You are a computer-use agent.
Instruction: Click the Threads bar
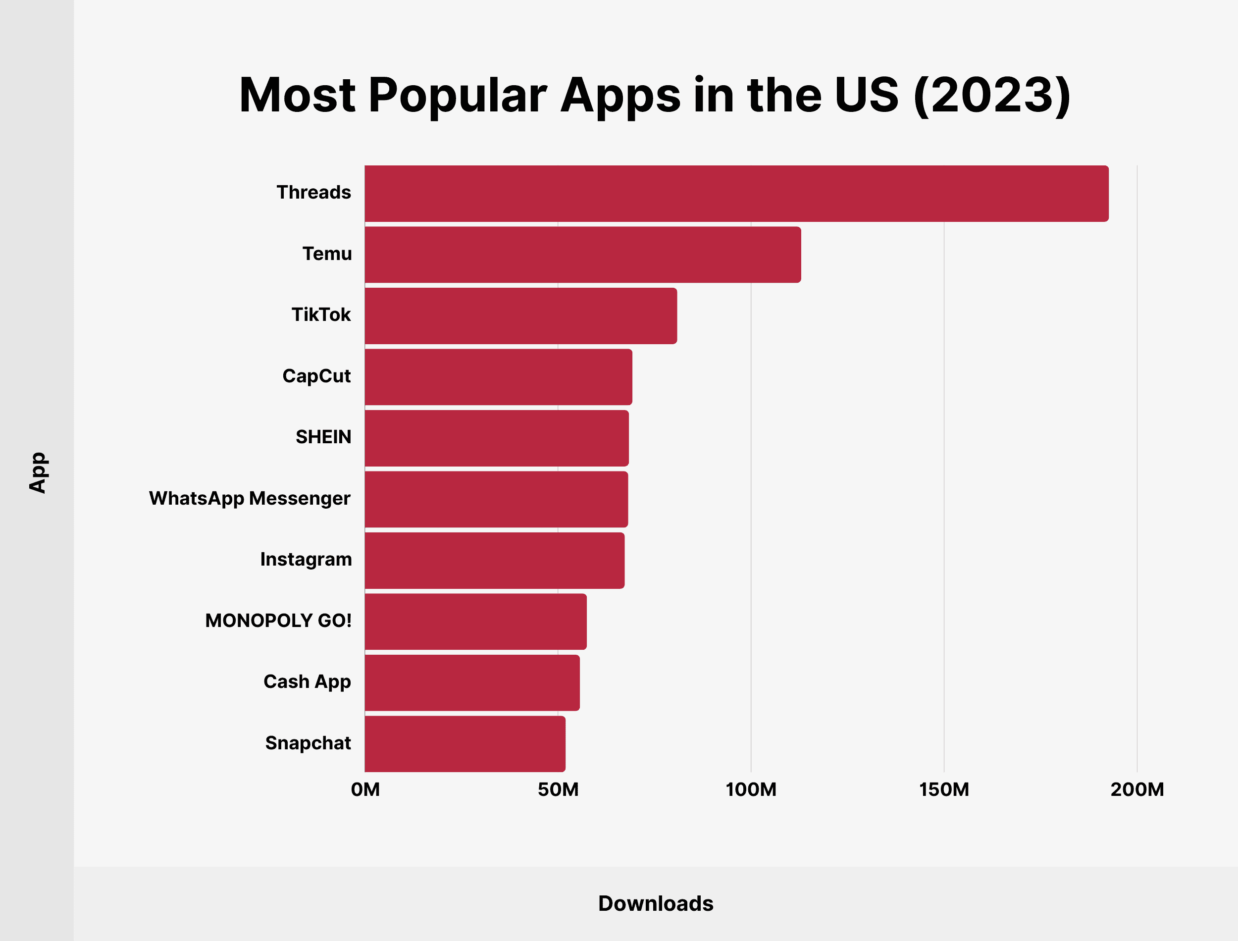pos(736,193)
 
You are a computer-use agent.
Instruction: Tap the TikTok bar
pos(521,315)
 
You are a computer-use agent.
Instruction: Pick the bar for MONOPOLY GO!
pos(475,621)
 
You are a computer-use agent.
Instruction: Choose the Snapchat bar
pos(464,743)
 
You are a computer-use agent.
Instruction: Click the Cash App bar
pos(472,682)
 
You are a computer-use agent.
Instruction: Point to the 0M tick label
pos(365,789)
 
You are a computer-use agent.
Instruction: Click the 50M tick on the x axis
pos(558,789)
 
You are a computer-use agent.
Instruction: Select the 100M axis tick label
pos(751,789)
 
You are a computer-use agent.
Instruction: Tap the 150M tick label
pos(944,789)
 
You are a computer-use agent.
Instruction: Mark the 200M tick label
pos(1136,789)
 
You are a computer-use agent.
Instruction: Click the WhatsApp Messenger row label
pos(250,498)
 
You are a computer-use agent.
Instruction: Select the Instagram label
pos(306,559)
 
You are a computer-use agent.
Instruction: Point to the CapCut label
pos(316,376)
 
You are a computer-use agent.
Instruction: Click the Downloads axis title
pos(655,903)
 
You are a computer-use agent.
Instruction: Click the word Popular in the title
pos(458,95)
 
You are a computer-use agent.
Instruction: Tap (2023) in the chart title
pos(991,95)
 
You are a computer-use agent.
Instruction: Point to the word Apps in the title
pos(620,95)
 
